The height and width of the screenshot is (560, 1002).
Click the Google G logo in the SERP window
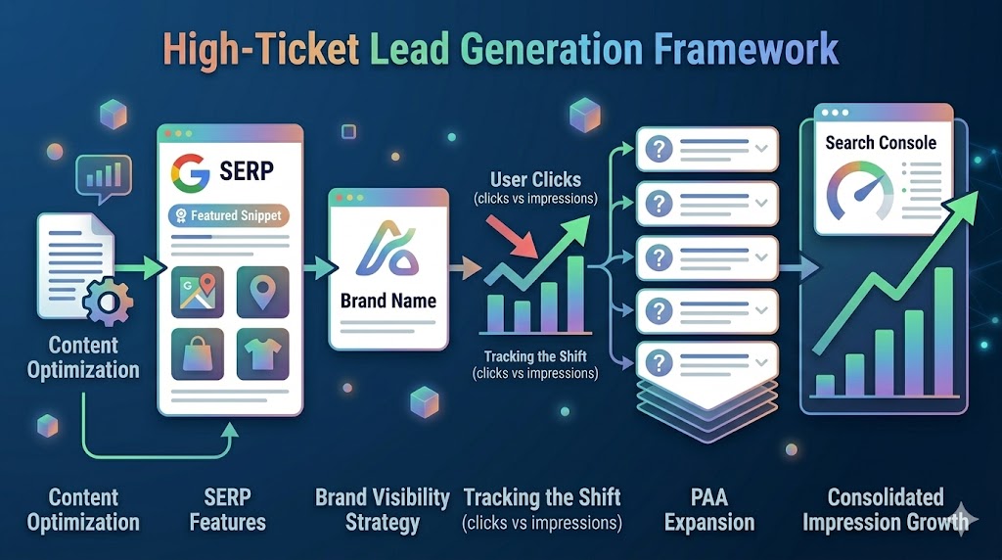coord(190,172)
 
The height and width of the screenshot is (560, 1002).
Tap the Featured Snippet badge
coord(230,215)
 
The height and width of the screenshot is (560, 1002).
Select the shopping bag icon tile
coord(199,353)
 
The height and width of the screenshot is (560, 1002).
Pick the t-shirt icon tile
coord(262,353)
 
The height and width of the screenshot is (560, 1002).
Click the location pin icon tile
coord(262,292)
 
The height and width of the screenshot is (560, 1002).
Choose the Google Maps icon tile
coord(199,292)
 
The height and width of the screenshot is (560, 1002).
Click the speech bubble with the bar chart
coord(103,176)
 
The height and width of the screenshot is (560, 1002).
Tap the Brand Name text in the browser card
coord(388,301)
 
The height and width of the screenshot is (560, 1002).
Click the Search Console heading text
coord(881,143)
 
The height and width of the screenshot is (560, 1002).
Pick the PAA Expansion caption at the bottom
coord(709,509)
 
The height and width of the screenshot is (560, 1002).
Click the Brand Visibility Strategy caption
coord(383,509)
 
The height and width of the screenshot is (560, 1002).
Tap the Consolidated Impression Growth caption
coord(886,509)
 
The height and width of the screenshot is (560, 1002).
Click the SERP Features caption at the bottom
coord(228,509)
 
